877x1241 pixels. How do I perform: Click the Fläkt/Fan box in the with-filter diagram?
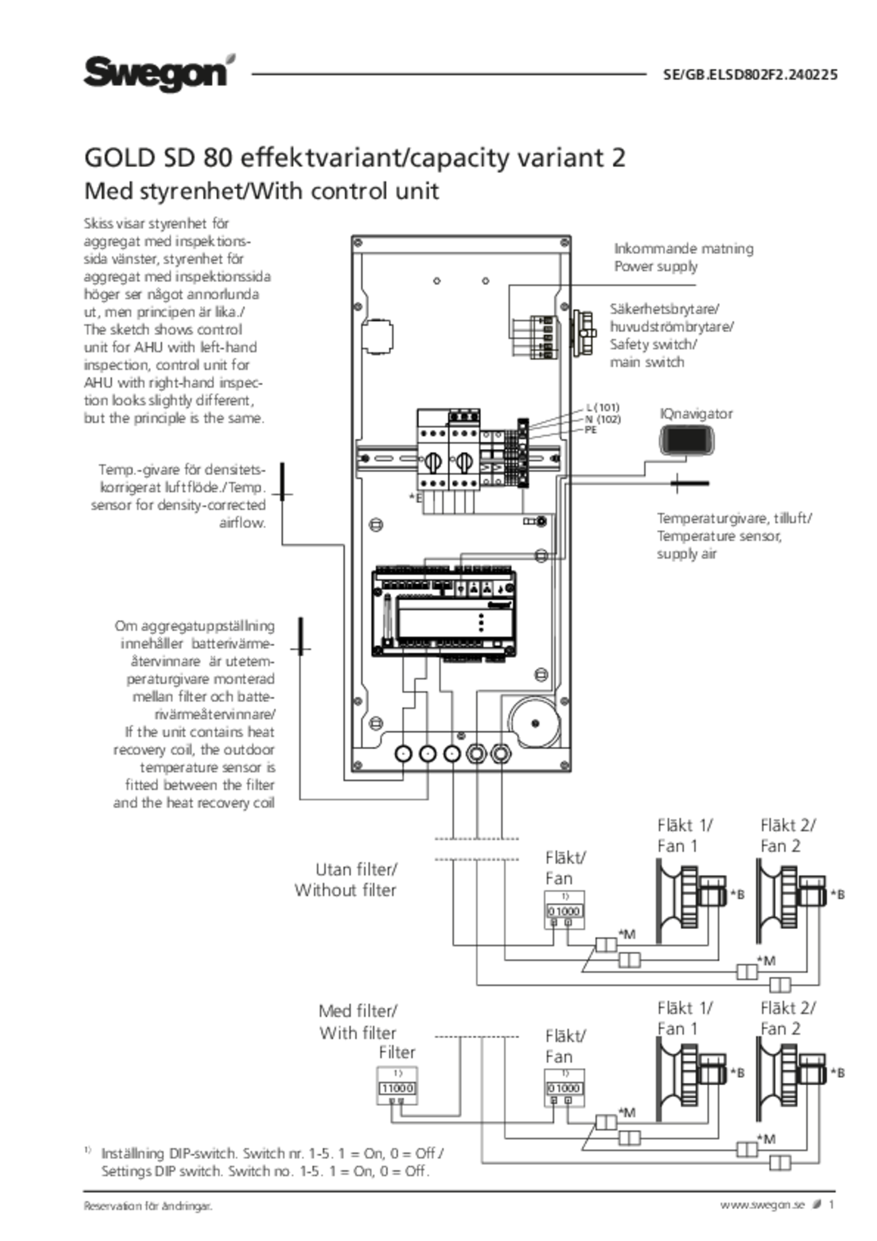pyautogui.click(x=565, y=1088)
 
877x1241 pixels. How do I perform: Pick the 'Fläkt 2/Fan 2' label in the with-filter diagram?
pyautogui.click(x=788, y=1018)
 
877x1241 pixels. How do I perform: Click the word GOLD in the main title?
pyautogui.click(x=117, y=159)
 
